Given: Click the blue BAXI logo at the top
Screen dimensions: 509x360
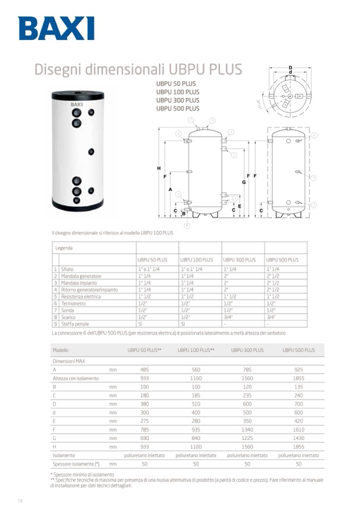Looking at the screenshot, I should point(56,28).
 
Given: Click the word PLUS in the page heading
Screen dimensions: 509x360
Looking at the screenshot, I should point(224,70).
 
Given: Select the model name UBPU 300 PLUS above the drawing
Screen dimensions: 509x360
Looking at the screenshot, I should point(177,100).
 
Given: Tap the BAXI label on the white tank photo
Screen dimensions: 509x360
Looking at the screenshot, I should point(77,105).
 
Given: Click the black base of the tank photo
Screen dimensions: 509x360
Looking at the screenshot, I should point(78,205).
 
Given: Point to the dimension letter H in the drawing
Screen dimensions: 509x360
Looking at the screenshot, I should point(159,168).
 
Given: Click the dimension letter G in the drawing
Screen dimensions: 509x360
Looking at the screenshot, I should point(244,182).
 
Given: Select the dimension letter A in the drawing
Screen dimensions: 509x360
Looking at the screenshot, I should point(170,189).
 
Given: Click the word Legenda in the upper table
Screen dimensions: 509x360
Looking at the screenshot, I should point(64,248).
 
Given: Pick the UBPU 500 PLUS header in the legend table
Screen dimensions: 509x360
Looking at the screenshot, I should point(282,260).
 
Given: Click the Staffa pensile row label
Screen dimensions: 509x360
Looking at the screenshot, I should point(75,324).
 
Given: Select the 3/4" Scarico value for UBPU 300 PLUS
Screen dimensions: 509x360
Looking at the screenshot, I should point(228,317).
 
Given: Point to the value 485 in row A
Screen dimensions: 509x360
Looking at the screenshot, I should point(144,369).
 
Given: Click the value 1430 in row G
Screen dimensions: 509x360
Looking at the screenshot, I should point(298,438).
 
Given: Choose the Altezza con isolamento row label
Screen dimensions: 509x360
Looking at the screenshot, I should point(75,378).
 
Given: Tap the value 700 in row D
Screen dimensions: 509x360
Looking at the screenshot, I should point(298,403).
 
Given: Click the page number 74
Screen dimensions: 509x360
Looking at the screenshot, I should point(20,501).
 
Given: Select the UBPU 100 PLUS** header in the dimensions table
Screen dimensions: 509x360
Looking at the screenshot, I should point(196,350).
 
